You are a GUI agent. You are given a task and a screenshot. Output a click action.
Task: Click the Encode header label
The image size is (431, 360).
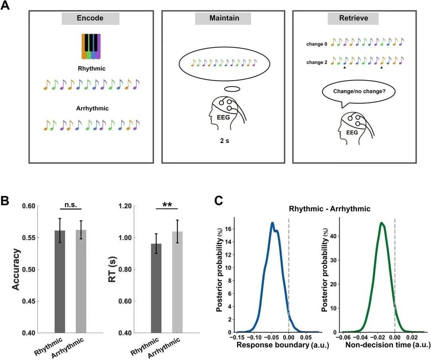[x=90, y=18]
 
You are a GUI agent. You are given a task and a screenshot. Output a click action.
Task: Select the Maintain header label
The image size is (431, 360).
[x=224, y=18]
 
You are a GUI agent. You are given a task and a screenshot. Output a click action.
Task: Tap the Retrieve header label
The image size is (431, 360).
[x=354, y=18]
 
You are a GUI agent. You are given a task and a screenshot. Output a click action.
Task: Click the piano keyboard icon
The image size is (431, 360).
[x=91, y=46]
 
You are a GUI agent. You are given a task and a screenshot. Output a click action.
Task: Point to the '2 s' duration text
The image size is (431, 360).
[x=225, y=141]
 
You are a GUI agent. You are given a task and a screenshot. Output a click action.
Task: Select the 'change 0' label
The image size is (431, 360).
[x=316, y=44]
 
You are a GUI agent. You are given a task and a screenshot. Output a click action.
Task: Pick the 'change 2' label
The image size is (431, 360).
[x=316, y=62]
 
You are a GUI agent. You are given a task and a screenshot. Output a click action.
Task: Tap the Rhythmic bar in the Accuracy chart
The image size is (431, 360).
[x=60, y=281]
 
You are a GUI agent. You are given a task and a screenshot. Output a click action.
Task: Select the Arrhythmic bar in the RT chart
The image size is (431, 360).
[x=177, y=282]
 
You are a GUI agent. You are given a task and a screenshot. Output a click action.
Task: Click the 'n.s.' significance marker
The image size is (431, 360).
[x=71, y=205]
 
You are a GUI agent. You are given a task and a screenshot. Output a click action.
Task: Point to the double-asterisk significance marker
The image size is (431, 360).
[x=167, y=205]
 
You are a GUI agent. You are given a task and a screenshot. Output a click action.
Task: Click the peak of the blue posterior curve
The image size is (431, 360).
[x=272, y=223]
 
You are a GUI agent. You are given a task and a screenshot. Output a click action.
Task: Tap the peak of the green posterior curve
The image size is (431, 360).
[x=381, y=223]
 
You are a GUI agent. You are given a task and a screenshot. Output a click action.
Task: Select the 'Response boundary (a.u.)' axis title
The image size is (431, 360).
[x=283, y=345]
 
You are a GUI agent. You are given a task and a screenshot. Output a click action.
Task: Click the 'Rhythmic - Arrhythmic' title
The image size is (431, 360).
[x=330, y=209]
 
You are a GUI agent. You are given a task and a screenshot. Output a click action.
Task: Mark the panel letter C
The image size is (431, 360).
[x=219, y=201]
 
